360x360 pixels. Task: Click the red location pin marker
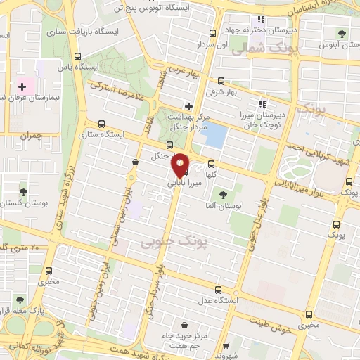coord(180,165)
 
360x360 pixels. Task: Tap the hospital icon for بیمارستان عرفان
coord(22,86)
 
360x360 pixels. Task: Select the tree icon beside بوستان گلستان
coord(24,191)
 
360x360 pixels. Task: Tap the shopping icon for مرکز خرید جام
coord(185,326)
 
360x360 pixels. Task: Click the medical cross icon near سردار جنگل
coord(188,106)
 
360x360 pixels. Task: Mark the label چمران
coord(32,134)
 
